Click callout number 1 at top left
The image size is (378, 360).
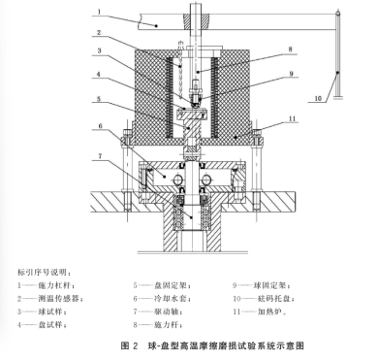99,12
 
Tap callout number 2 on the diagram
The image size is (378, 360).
99,32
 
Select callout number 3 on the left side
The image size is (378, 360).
100,50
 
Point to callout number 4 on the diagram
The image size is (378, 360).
99,75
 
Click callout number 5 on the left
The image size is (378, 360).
99,99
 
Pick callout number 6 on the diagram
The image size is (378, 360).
100,125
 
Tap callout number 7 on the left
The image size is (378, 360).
100,156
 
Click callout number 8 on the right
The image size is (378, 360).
290,49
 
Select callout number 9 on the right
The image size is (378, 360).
291,74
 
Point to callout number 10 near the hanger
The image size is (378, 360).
318,98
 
